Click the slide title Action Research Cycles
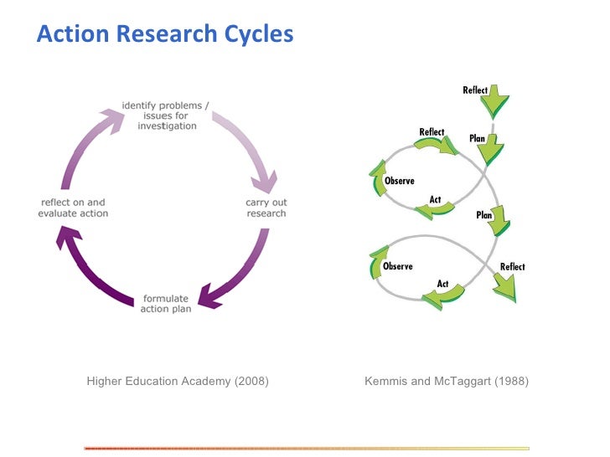coord(165,34)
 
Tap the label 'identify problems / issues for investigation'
coord(165,116)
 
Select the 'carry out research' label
coord(266,208)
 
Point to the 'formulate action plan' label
coord(167,304)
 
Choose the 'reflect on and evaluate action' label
coord(73,208)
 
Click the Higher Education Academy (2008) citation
coord(178,382)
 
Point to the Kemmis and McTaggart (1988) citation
coord(447,382)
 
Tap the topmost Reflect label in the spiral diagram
coord(475,90)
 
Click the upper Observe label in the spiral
coord(399,181)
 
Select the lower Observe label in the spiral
coord(397,266)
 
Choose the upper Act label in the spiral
coord(436,199)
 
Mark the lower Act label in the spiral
coord(442,284)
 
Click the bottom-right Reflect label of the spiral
coord(512,267)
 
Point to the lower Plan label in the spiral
coord(484,215)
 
